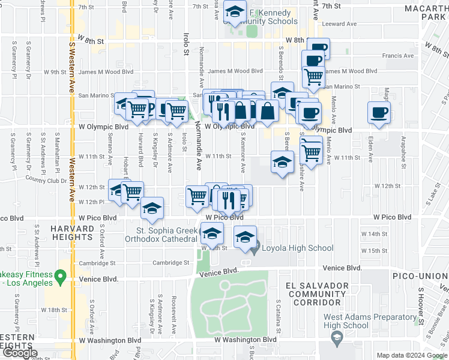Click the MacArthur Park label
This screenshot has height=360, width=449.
point(424,15)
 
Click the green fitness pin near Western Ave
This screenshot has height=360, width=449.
point(60,277)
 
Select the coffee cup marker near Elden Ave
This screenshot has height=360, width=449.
point(379,113)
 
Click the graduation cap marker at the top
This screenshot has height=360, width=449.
point(235,11)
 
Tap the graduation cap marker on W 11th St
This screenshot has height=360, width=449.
point(282,162)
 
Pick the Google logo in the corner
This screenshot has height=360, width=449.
point(19,352)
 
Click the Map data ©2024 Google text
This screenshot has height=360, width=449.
point(412,355)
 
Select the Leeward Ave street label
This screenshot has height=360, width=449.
point(339,25)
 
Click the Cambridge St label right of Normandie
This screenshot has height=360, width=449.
point(170,263)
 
